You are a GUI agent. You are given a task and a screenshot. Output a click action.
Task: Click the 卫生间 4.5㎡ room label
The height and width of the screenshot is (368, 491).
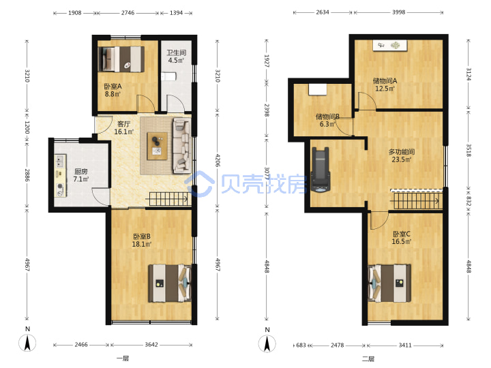(176, 57)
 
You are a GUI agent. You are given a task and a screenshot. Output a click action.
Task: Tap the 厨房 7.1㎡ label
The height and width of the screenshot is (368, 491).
(81, 175)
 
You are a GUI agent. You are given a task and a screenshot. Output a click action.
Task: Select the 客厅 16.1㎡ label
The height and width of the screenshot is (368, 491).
(123, 127)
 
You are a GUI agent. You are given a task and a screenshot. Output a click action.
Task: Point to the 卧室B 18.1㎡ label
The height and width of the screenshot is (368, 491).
(142, 240)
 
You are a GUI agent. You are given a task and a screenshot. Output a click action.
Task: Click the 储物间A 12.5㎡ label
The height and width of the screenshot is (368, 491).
(385, 85)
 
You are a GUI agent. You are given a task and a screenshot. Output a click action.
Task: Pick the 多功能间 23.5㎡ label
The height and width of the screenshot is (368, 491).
(402, 155)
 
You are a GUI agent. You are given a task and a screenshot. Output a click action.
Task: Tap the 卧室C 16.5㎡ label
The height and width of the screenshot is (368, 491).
(402, 238)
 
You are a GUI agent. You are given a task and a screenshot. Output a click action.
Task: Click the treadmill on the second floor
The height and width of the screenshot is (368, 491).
(321, 169)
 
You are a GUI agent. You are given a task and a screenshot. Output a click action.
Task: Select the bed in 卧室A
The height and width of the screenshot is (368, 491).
(121, 59)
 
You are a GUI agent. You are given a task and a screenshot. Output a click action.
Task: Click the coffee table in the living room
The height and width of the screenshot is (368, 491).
(158, 146)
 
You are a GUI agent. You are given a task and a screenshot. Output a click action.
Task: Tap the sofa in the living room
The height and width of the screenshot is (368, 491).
(181, 146)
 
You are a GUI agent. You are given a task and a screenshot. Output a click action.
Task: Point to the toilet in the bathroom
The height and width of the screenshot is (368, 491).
(168, 76)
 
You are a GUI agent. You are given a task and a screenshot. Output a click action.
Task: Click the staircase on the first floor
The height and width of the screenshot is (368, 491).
(169, 199)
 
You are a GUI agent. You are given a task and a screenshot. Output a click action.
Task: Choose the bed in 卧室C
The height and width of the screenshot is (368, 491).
(389, 283)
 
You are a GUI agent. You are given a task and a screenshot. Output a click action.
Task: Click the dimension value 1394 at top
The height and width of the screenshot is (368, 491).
(176, 13)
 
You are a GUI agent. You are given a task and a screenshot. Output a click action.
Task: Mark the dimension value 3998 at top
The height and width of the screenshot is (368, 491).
(399, 12)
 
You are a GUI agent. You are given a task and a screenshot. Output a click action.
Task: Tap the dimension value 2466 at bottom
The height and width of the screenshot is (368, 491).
(81, 345)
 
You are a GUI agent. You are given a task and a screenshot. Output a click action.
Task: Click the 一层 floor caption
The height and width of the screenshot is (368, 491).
(123, 358)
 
